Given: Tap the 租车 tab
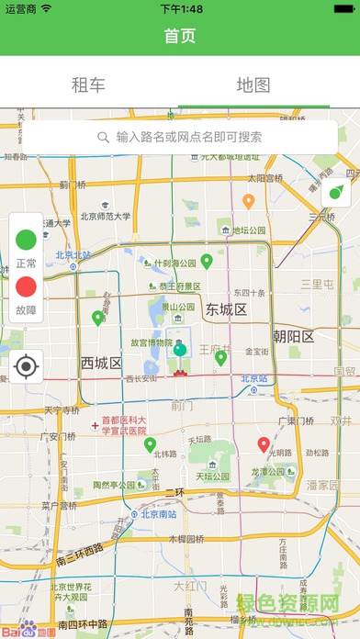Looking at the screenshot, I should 89,85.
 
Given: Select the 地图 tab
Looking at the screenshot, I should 253,85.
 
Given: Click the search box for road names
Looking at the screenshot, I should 180,138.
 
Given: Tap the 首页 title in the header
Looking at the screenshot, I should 180,36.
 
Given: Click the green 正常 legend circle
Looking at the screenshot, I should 27,241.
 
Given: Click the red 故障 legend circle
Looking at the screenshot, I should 27,287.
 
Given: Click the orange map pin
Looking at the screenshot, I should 248,200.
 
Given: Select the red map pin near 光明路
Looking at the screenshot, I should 264,445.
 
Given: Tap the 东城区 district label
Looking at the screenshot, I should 227,309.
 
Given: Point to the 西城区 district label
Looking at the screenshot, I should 101,363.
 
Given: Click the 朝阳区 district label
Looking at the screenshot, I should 293,337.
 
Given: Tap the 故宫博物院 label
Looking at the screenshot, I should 152,342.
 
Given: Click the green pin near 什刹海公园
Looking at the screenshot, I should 207,262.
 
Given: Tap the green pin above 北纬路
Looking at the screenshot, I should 150,445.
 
